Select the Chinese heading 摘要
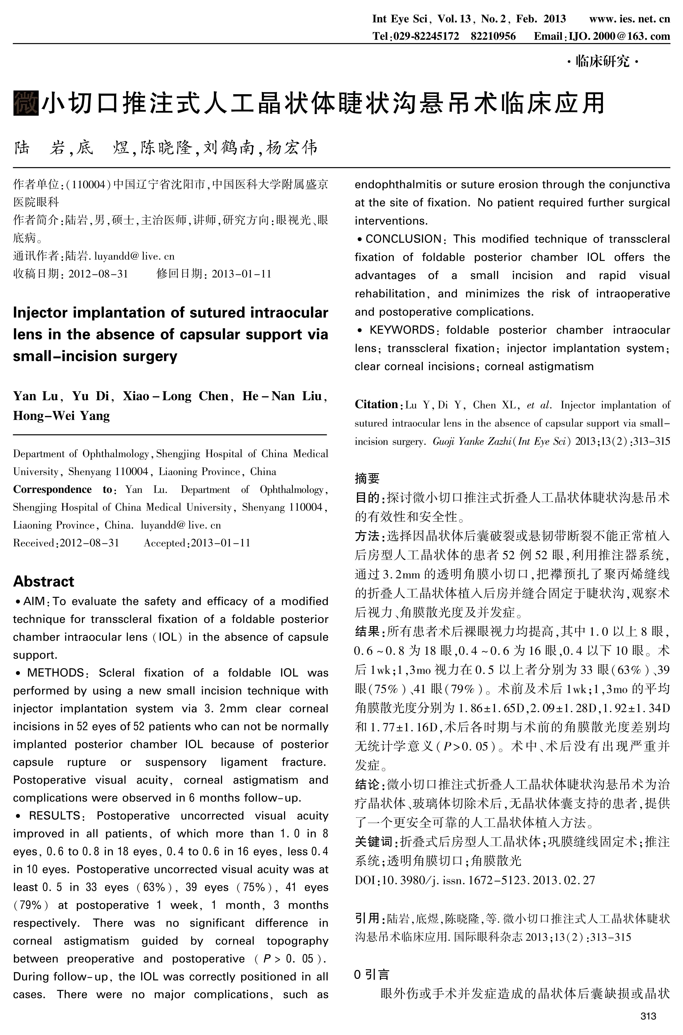[367, 479]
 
